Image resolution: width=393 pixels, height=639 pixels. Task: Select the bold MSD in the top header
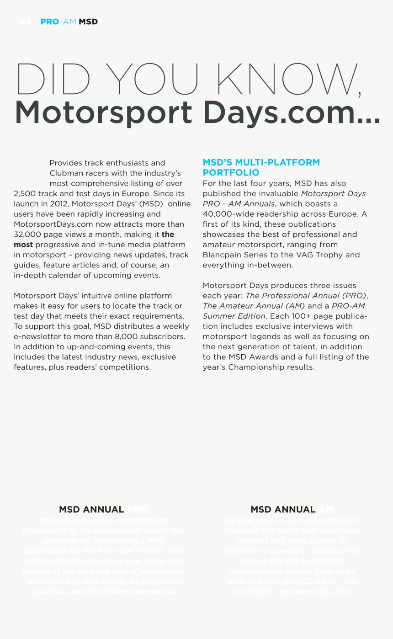pyautogui.click(x=88, y=21)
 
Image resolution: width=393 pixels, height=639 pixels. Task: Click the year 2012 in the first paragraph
pyautogui.click(x=58, y=204)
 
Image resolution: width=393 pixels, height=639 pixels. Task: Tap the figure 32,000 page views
pyautogui.click(x=27, y=234)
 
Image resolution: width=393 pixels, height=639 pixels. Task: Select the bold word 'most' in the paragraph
pyautogui.click(x=23, y=245)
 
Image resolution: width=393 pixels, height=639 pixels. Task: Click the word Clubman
pyautogui.click(x=65, y=173)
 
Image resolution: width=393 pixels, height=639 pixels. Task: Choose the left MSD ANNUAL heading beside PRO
pyautogui.click(x=91, y=509)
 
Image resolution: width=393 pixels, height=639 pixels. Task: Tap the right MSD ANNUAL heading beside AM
pyautogui.click(x=283, y=509)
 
